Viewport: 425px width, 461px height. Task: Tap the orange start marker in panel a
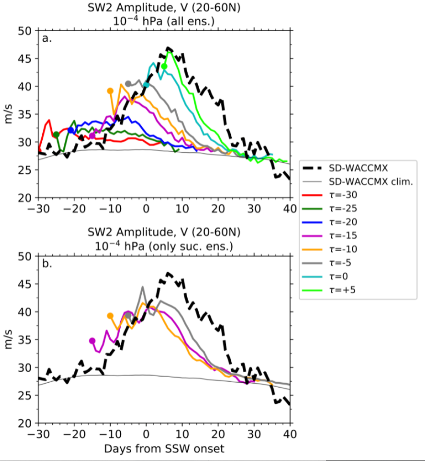pos(110,91)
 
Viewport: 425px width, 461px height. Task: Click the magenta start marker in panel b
pos(92,340)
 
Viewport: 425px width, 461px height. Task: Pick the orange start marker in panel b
pos(110,316)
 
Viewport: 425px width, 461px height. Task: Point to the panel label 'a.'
pos(47,38)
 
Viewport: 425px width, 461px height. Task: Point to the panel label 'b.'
pos(47,264)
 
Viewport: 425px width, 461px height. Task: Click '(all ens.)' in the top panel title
pos(193,21)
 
